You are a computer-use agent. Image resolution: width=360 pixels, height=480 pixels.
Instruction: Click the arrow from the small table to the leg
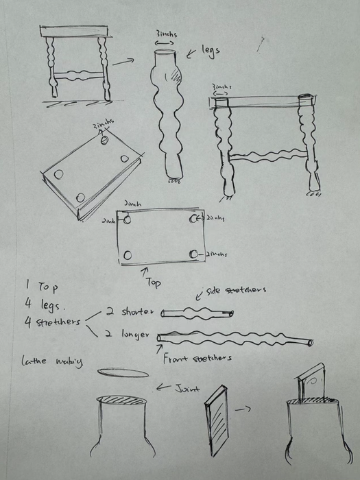click(123, 62)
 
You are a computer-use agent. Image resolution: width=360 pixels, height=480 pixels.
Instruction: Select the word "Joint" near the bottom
click(184, 389)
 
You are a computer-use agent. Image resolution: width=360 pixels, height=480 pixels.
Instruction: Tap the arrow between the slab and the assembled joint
click(243, 409)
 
